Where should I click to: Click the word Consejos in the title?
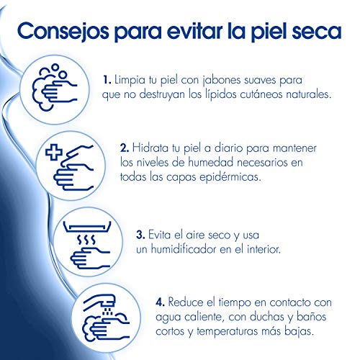(x=63, y=32)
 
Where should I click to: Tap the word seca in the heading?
(x=317, y=31)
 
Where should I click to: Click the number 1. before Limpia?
(x=107, y=80)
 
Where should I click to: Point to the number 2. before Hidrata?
(x=125, y=148)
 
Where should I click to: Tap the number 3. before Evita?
(x=140, y=235)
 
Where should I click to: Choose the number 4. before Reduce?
(x=160, y=302)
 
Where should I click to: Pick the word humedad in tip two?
(x=211, y=162)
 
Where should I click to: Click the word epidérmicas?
(x=230, y=177)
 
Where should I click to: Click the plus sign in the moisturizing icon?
(x=54, y=152)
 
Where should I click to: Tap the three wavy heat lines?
(x=86, y=240)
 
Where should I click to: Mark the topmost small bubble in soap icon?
(x=55, y=68)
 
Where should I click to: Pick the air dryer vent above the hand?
(x=87, y=227)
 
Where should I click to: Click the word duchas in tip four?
(x=268, y=317)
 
